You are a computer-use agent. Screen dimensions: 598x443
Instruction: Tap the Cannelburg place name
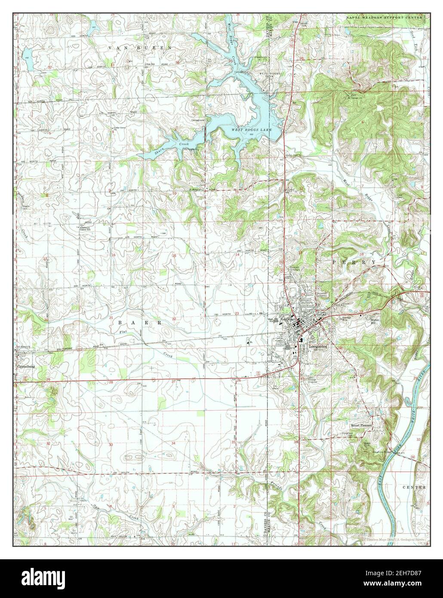coord(25,367)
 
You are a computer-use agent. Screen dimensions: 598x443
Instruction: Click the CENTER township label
coord(414,487)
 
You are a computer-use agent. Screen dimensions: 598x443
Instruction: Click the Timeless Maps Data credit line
coord(396,539)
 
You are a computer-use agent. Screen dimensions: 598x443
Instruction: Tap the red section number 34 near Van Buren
coord(177,63)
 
